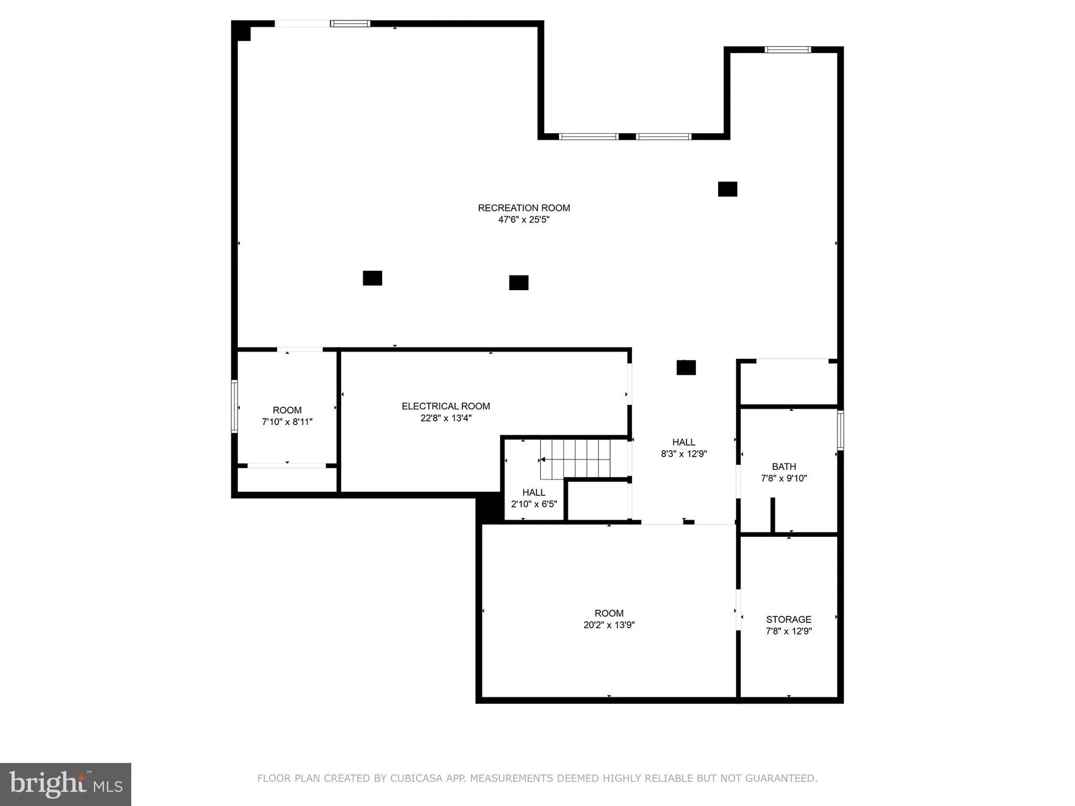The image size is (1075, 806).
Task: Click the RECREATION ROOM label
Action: click(x=524, y=208)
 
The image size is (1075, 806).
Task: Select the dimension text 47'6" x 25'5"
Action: click(x=524, y=220)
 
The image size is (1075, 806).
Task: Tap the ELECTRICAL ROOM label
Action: click(x=446, y=406)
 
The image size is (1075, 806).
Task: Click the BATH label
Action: click(x=784, y=466)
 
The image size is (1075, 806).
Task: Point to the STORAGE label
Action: click(x=789, y=619)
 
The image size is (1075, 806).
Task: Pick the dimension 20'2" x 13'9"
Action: click(x=609, y=625)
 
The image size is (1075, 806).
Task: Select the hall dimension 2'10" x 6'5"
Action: click(x=534, y=504)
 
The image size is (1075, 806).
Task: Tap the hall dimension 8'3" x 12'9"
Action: click(x=684, y=454)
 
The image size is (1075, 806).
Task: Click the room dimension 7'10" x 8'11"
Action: click(x=287, y=422)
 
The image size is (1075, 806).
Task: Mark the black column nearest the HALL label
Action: click(x=686, y=368)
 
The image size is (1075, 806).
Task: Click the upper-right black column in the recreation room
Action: click(x=727, y=189)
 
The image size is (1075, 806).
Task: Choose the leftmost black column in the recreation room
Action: click(x=372, y=278)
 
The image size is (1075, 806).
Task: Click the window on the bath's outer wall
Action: click(x=840, y=430)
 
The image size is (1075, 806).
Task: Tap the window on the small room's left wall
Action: click(x=234, y=406)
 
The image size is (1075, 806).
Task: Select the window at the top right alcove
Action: click(x=787, y=50)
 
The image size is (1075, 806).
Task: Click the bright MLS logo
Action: click(x=66, y=784)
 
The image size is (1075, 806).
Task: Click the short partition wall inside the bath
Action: click(x=772, y=515)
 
